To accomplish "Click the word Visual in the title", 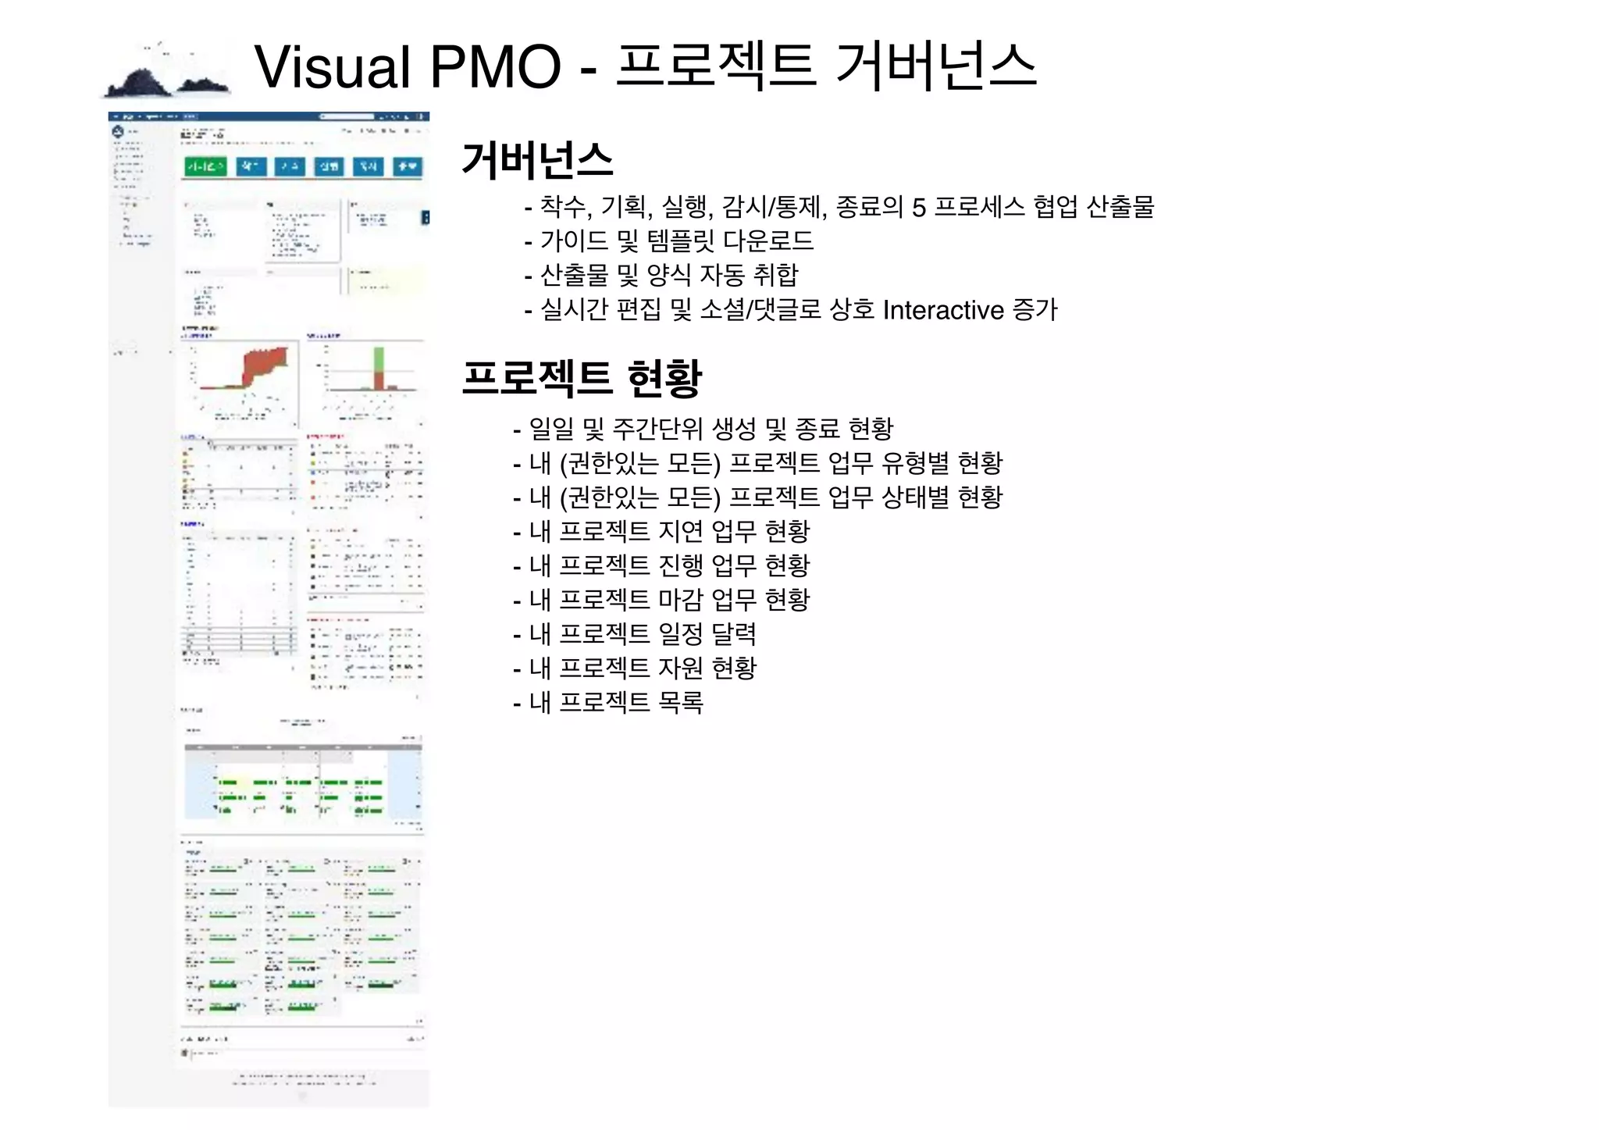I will point(333,67).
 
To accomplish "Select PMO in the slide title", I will point(495,67).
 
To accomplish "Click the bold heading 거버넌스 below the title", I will point(537,160).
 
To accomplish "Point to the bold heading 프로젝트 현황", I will point(582,378).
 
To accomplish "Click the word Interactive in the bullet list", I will point(942,310).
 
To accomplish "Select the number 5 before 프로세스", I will point(919,208).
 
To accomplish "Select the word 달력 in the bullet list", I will point(734,634).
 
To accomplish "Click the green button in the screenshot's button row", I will point(205,166).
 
